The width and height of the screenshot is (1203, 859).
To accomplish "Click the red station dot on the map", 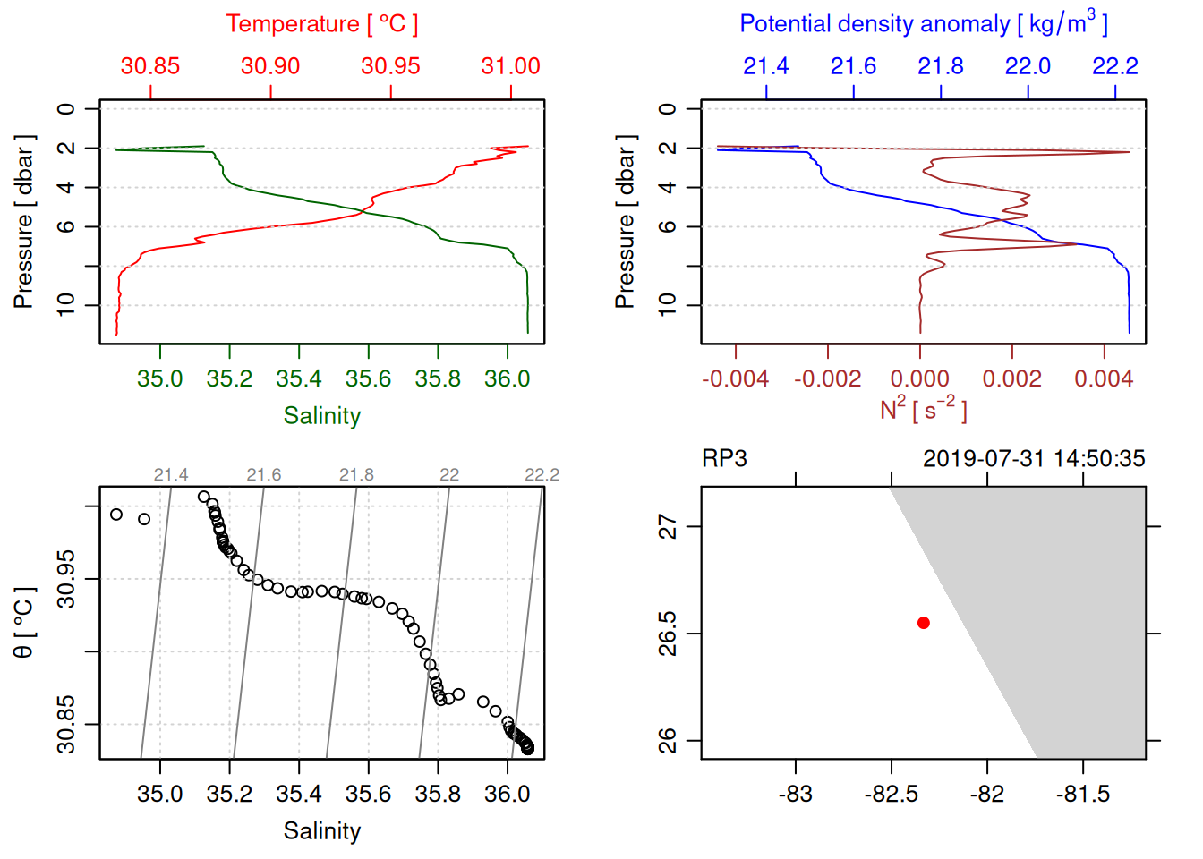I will coord(923,623).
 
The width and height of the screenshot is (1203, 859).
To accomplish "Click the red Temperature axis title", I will coord(321,24).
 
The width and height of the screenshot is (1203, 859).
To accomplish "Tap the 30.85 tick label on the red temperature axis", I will coord(150,66).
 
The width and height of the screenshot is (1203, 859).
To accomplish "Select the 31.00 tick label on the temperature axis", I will coord(510,66).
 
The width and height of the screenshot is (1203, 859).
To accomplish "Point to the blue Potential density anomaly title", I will coord(923,23).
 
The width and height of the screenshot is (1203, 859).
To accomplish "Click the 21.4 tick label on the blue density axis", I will coord(766,66).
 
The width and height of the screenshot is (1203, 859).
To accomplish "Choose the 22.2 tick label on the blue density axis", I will coord(1115,66).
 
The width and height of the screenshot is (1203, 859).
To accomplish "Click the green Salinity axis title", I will coord(321,416).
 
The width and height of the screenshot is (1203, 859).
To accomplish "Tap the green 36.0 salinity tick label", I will coord(508,379).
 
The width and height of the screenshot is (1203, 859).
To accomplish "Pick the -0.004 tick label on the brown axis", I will coord(735,379).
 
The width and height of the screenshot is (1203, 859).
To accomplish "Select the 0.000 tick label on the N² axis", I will coord(919,379).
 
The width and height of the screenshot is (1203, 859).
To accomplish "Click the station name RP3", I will coord(724,459).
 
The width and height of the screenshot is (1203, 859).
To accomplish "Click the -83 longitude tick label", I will coord(795,795).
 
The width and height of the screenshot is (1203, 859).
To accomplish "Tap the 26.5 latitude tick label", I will coord(668,634).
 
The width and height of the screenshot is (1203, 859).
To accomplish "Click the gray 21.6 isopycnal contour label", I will coord(263,475).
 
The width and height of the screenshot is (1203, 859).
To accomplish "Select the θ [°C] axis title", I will coord(23,623).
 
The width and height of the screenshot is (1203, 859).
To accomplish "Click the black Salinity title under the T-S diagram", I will coord(321,831).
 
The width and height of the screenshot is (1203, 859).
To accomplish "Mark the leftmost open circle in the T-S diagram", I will coord(116,515).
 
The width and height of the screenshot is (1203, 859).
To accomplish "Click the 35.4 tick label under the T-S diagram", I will coord(299,795).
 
